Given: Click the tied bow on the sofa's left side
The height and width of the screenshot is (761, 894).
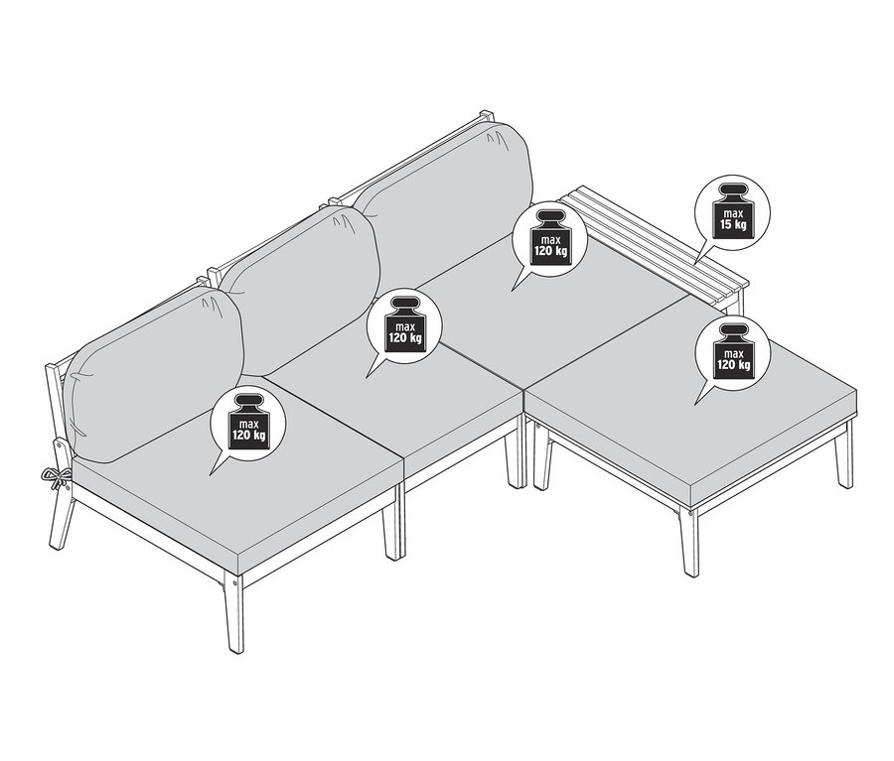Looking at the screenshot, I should (x=58, y=475).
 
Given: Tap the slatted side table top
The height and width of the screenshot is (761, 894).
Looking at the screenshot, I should (x=657, y=243).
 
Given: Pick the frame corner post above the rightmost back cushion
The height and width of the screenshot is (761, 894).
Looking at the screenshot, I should (x=486, y=118).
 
